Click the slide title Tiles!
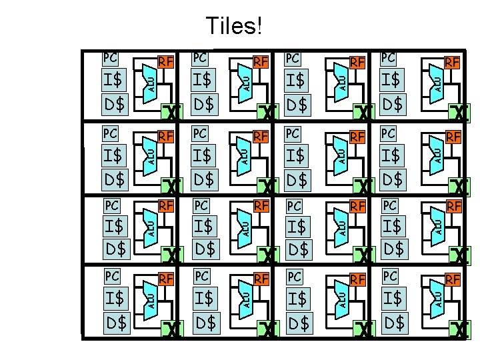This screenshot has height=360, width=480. (234, 26)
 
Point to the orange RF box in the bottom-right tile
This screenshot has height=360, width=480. (453, 279)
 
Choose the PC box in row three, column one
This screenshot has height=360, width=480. (112, 203)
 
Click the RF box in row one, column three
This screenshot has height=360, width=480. (358, 63)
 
